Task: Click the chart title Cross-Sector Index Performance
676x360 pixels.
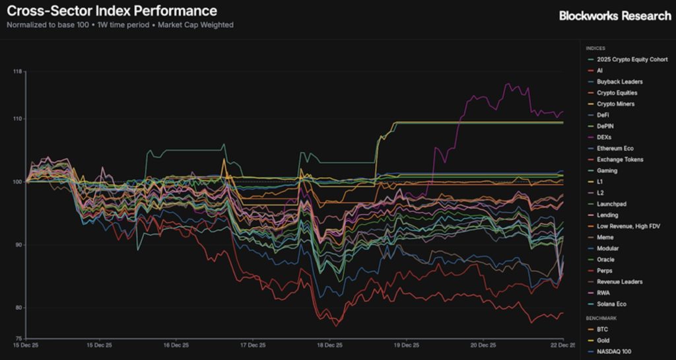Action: click(x=112, y=11)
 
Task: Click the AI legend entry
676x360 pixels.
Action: click(x=599, y=71)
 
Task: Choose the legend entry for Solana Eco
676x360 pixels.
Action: click(x=611, y=304)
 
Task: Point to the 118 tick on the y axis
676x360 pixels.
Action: click(x=18, y=71)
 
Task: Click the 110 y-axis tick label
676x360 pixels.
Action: click(x=18, y=119)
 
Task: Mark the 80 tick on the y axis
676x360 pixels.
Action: click(x=18, y=308)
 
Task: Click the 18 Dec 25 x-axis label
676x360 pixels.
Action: click(x=329, y=344)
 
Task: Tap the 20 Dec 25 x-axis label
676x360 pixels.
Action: click(x=483, y=344)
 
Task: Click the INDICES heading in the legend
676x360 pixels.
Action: click(x=596, y=48)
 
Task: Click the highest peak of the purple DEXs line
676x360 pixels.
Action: click(x=507, y=84)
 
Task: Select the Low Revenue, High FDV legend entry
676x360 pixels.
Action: click(x=628, y=226)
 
